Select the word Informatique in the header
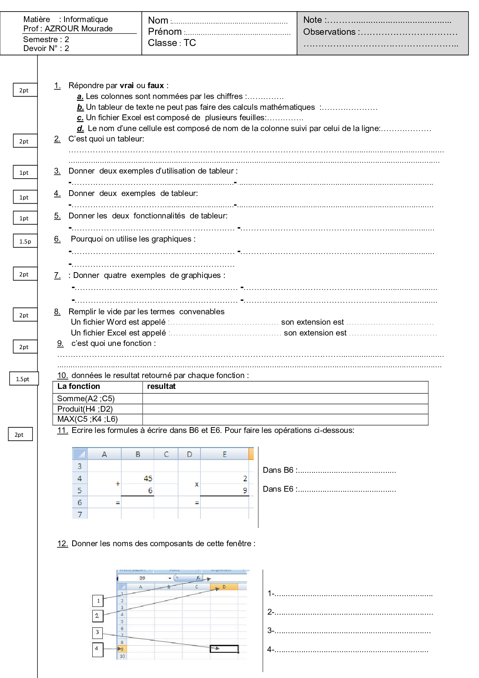(85, 19)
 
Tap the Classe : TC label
(172, 43)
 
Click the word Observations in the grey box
(329, 32)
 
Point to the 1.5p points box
(25, 241)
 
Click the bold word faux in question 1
(156, 85)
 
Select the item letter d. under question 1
(80, 128)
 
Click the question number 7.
(57, 275)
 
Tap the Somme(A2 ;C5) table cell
(86, 399)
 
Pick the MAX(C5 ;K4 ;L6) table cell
(87, 419)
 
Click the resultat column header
(161, 387)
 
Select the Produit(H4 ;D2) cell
(85, 409)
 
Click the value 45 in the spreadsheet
(148, 479)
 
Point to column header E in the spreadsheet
(224, 454)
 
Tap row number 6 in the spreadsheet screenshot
(80, 503)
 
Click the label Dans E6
(278, 489)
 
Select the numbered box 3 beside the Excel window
(97, 632)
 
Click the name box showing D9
(143, 578)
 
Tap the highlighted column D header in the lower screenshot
(224, 587)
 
